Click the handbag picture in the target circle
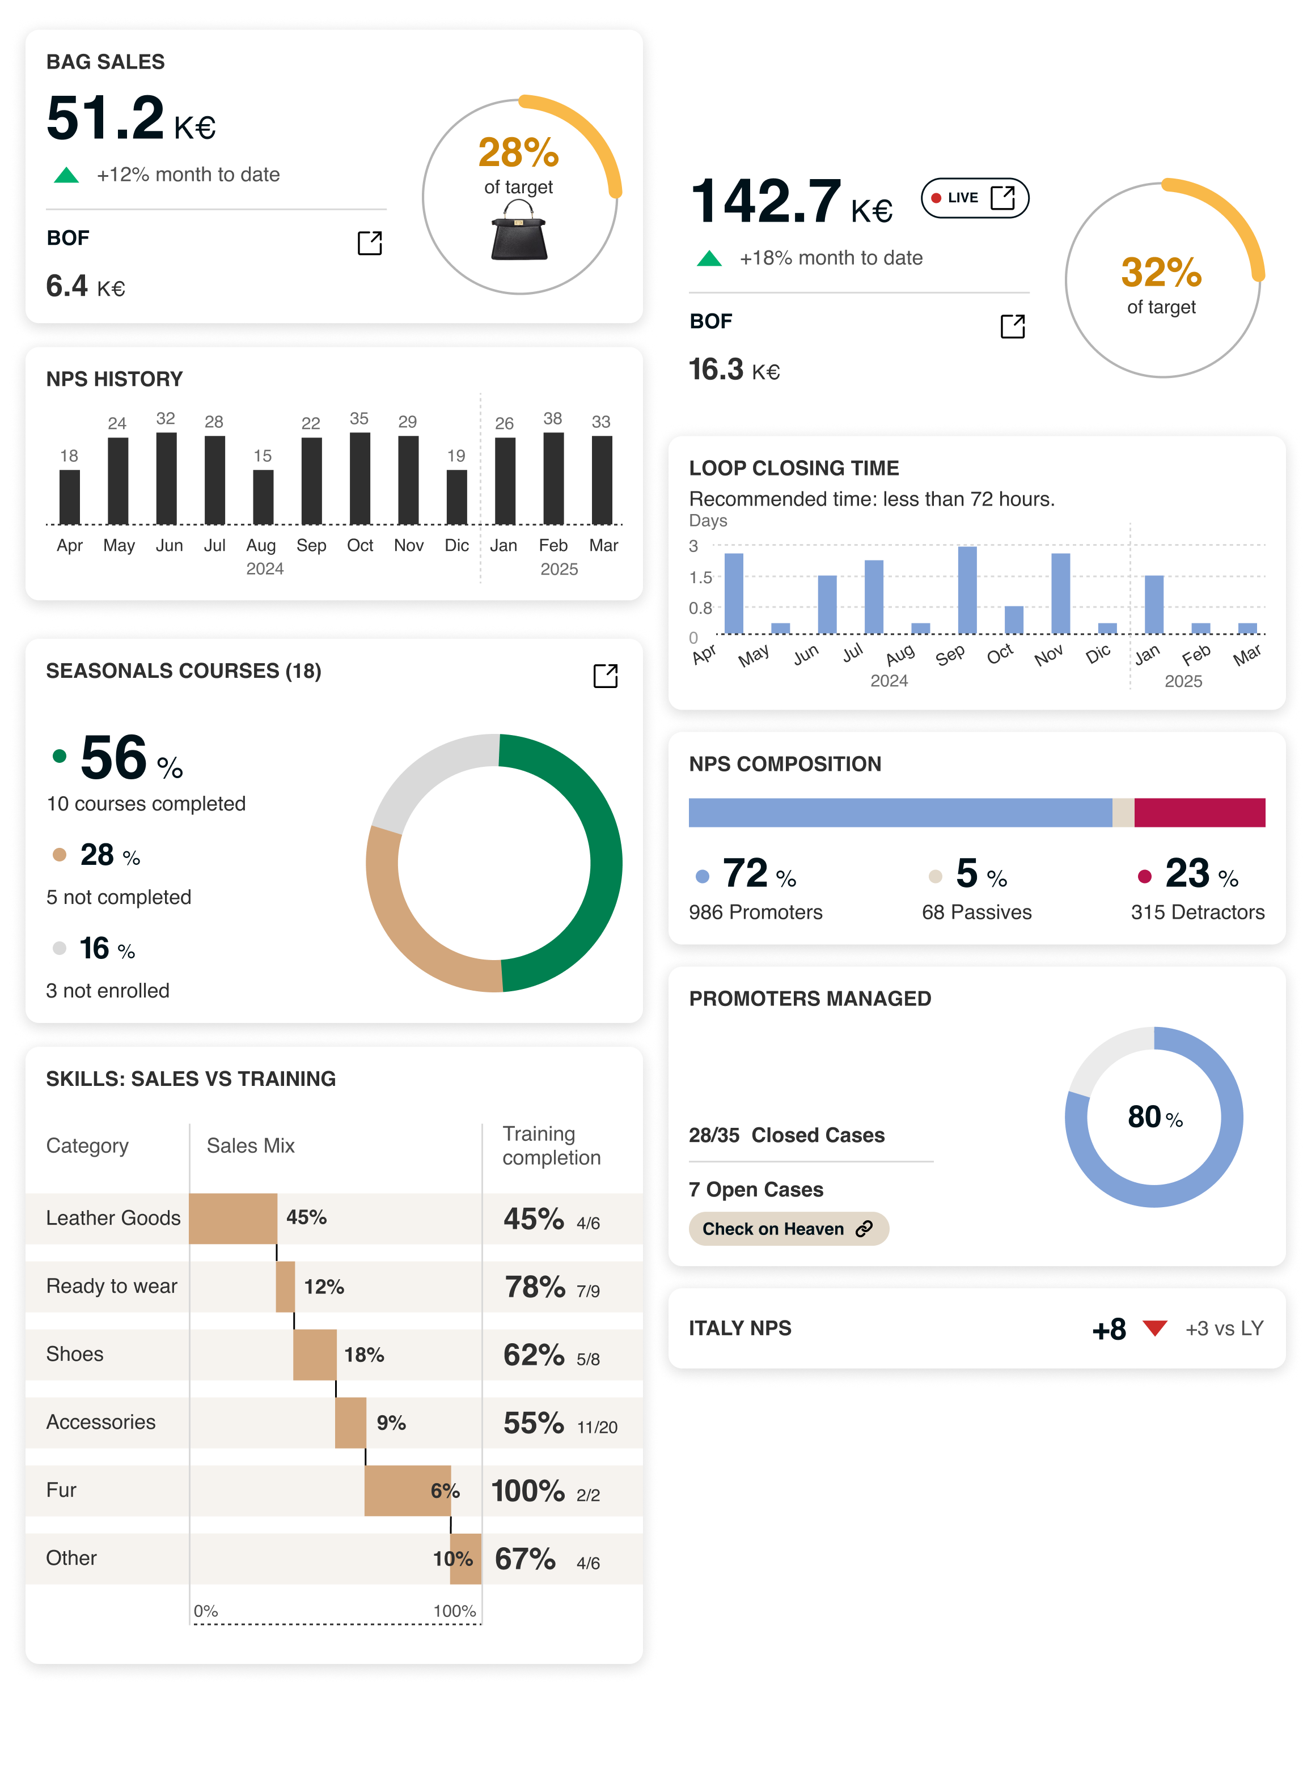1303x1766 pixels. tap(519, 230)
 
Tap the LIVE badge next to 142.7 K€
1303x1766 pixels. tap(975, 198)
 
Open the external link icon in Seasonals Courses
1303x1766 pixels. tap(605, 676)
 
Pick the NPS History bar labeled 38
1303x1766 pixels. tap(554, 478)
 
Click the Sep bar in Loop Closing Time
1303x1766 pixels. tap(967, 590)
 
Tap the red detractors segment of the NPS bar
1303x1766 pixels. tap(1200, 813)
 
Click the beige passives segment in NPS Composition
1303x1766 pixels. tap(1123, 813)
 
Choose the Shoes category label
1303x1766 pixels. tap(75, 1353)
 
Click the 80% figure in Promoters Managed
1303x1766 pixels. tap(1154, 1117)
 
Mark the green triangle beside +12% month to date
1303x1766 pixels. tap(66, 175)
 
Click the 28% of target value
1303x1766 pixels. tap(518, 152)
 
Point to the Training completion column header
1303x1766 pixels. tap(551, 1145)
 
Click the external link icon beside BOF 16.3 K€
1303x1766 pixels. tap(1013, 326)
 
